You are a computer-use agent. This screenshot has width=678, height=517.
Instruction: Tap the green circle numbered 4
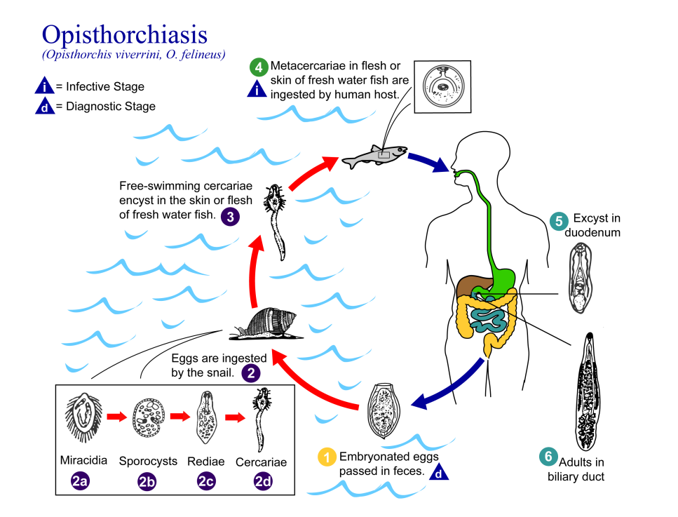click(x=259, y=67)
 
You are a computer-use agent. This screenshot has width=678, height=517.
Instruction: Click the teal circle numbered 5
click(x=559, y=221)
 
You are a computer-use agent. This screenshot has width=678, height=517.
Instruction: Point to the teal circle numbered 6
click(x=548, y=457)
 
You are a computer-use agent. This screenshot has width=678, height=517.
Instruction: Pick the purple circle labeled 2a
click(x=81, y=481)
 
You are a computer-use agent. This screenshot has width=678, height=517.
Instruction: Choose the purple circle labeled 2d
click(x=263, y=481)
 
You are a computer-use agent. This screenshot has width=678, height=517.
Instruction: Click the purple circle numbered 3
click(x=231, y=217)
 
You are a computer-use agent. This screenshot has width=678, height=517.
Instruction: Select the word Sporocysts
click(x=148, y=461)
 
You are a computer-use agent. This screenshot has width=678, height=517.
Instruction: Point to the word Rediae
click(x=206, y=462)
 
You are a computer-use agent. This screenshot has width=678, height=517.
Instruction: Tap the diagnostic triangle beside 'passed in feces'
click(x=439, y=471)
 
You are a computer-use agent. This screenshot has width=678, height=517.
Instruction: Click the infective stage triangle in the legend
click(x=44, y=86)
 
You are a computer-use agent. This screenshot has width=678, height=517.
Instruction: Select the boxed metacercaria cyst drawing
click(x=443, y=86)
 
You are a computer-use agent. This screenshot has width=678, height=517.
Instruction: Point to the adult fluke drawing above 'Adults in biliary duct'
click(x=587, y=392)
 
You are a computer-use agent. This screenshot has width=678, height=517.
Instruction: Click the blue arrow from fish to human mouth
click(x=429, y=163)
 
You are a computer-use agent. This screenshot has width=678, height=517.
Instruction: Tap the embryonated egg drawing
click(x=384, y=410)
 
